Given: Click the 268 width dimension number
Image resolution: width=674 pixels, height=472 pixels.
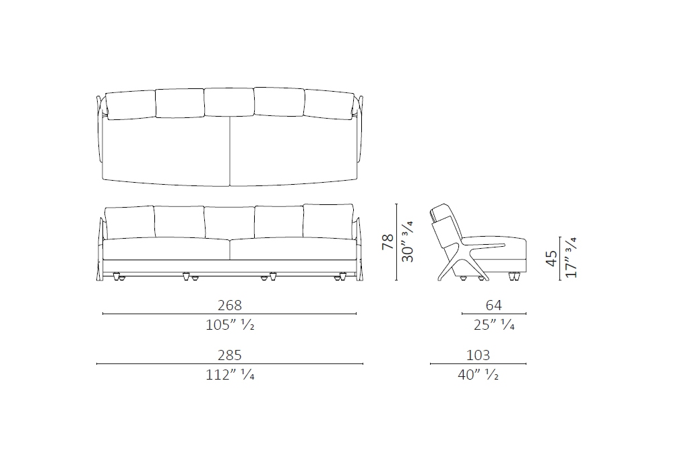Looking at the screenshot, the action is tap(230, 305).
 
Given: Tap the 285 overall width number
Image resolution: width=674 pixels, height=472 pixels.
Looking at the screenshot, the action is tap(230, 355).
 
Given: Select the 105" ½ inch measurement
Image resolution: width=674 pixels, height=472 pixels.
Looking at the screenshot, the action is tap(230, 325).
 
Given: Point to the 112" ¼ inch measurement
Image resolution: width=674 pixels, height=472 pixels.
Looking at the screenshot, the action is tap(230, 375).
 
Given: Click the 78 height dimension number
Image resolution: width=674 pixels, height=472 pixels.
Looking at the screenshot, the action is tap(388, 241).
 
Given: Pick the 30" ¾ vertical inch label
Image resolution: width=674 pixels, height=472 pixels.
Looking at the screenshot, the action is tap(407, 241).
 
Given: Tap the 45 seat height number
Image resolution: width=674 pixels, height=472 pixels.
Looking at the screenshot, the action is tap(551, 258).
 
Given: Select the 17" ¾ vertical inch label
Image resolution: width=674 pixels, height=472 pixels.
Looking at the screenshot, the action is tap(571, 258).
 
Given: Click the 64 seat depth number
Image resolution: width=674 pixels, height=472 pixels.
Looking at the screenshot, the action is tap(493, 305).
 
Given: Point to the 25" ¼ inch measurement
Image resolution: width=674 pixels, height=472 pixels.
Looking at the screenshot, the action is tap(494, 325).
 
